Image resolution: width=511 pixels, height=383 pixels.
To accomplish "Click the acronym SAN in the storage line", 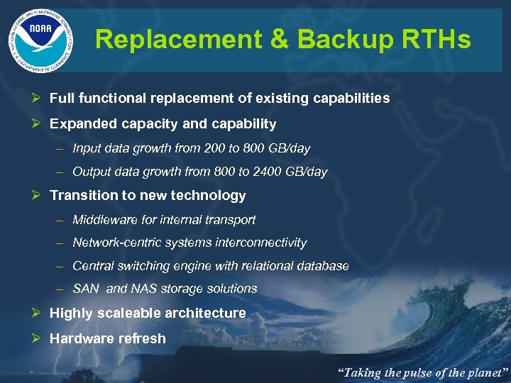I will (86, 289).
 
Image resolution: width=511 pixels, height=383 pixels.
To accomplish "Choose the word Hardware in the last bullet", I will (79, 339).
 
